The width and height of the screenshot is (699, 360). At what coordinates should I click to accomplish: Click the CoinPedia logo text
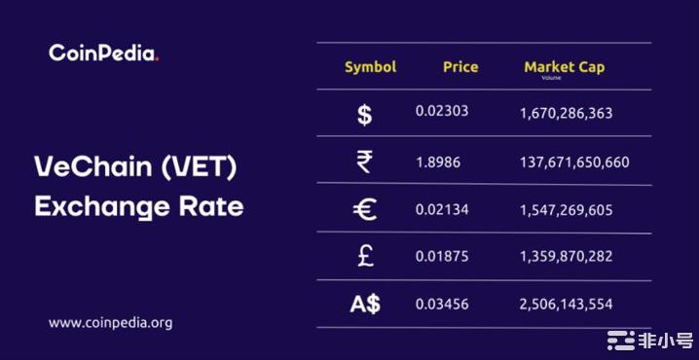pos(103,54)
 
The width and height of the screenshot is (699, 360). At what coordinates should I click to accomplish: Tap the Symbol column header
pos(370,67)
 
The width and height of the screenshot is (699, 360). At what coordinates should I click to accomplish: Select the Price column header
pos(460,67)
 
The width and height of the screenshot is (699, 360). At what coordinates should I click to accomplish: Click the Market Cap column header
pos(564,67)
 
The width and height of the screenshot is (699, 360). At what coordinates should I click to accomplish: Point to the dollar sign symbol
pos(364,115)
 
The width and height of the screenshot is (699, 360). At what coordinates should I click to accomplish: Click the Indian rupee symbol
pos(364,162)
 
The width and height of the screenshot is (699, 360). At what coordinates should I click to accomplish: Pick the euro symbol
pos(364,209)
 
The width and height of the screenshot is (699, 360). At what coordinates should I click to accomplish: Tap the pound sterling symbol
pos(364,256)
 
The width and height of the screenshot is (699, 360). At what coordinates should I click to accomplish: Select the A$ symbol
pos(365,304)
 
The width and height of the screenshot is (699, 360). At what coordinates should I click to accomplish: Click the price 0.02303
pos(442,111)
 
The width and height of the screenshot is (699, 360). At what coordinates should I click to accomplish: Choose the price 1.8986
pos(437,161)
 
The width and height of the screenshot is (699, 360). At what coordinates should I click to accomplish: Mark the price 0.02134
pos(442,208)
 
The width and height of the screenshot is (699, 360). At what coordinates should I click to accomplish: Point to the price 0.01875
pos(442,256)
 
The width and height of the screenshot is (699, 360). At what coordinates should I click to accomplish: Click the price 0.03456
pos(442,304)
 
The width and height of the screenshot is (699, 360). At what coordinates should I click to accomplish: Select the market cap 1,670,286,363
pos(566,113)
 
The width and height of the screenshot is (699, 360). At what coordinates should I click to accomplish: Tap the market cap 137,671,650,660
pos(573,162)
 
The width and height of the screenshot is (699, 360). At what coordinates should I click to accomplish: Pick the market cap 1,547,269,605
pos(566,209)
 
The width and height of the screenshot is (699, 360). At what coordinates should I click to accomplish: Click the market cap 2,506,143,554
pos(566,304)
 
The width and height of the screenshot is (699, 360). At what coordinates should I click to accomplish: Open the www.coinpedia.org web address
pos(110,322)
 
